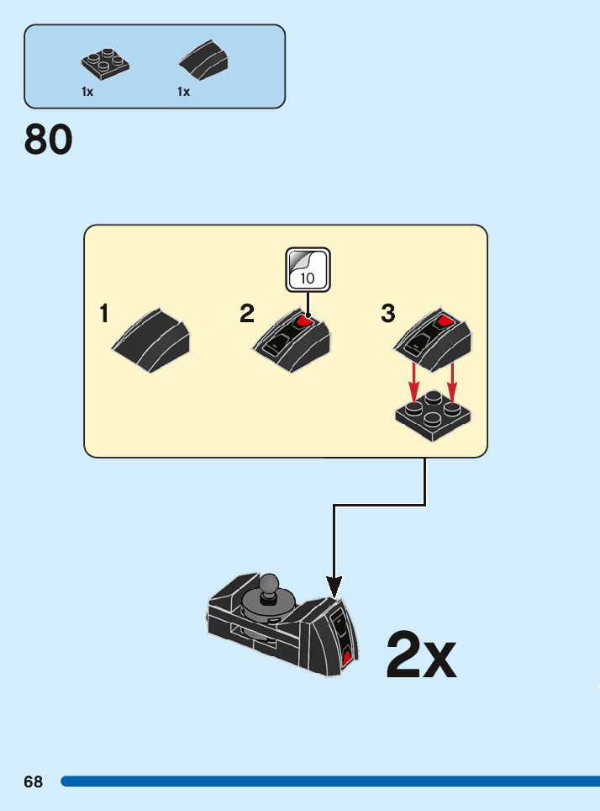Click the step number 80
[x=49, y=140]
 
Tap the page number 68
[x=33, y=782]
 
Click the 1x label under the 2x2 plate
[x=87, y=93]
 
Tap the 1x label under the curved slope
[x=183, y=93]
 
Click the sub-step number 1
[x=104, y=314]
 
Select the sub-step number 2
[x=246, y=314]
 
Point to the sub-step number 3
[x=387, y=314]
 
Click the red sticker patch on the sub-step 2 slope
[x=305, y=321]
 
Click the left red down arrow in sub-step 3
[x=413, y=384]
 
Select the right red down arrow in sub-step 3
[x=452, y=382]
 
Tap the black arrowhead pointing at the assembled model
[x=334, y=586]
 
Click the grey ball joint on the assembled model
[x=268, y=583]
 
